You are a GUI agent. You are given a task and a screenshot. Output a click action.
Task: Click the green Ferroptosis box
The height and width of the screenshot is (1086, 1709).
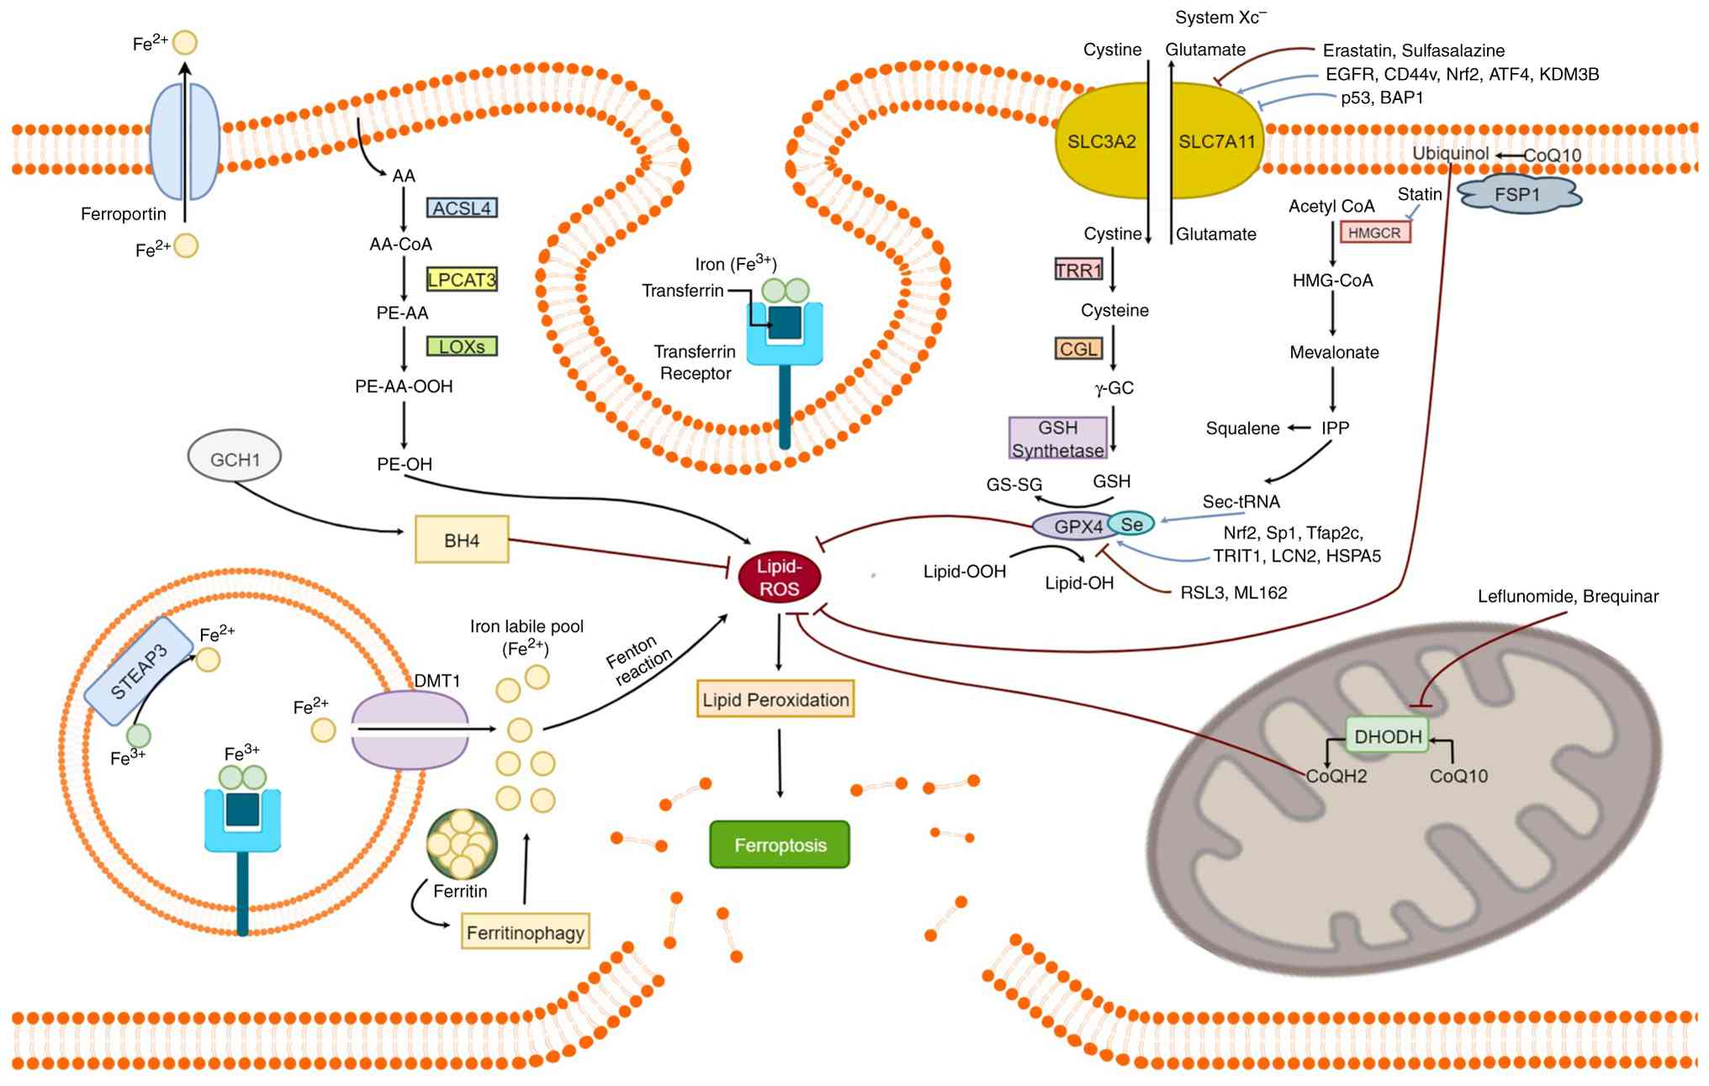pos(780,845)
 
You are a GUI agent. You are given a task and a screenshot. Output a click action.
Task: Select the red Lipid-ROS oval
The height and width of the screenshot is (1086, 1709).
pos(779,577)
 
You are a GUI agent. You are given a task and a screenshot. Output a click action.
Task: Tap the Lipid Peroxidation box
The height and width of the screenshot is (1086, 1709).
pos(775,699)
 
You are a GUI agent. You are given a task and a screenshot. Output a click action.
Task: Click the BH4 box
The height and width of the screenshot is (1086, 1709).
pos(462,540)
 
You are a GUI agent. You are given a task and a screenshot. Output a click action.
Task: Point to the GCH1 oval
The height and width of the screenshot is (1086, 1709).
pos(235,459)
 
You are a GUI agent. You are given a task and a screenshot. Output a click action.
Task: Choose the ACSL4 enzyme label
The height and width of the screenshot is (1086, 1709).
pos(462,208)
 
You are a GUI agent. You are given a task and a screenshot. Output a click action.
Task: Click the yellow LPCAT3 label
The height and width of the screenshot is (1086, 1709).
pos(462,279)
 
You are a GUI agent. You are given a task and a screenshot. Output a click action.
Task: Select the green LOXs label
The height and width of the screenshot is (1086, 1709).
pos(462,346)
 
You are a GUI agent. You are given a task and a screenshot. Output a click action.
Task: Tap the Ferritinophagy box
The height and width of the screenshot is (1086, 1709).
pos(525,932)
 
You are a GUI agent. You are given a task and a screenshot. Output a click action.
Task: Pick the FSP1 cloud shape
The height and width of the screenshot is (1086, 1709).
pos(1519,195)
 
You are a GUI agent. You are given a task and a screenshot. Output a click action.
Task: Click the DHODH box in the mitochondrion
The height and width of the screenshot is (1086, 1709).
pos(1388,736)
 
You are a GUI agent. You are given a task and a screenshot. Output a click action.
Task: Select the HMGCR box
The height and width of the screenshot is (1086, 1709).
pos(1374,233)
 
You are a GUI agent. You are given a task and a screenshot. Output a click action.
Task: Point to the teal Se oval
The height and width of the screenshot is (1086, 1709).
pos(1131,524)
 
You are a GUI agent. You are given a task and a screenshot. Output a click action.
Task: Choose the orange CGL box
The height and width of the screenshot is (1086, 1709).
pos(1078,349)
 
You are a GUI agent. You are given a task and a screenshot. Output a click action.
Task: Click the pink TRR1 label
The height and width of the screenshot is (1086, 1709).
pos(1078,270)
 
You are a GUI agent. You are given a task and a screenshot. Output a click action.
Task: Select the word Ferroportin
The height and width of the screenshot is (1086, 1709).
pos(124,214)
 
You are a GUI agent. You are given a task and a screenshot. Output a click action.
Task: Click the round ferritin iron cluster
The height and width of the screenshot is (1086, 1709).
pos(462,844)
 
